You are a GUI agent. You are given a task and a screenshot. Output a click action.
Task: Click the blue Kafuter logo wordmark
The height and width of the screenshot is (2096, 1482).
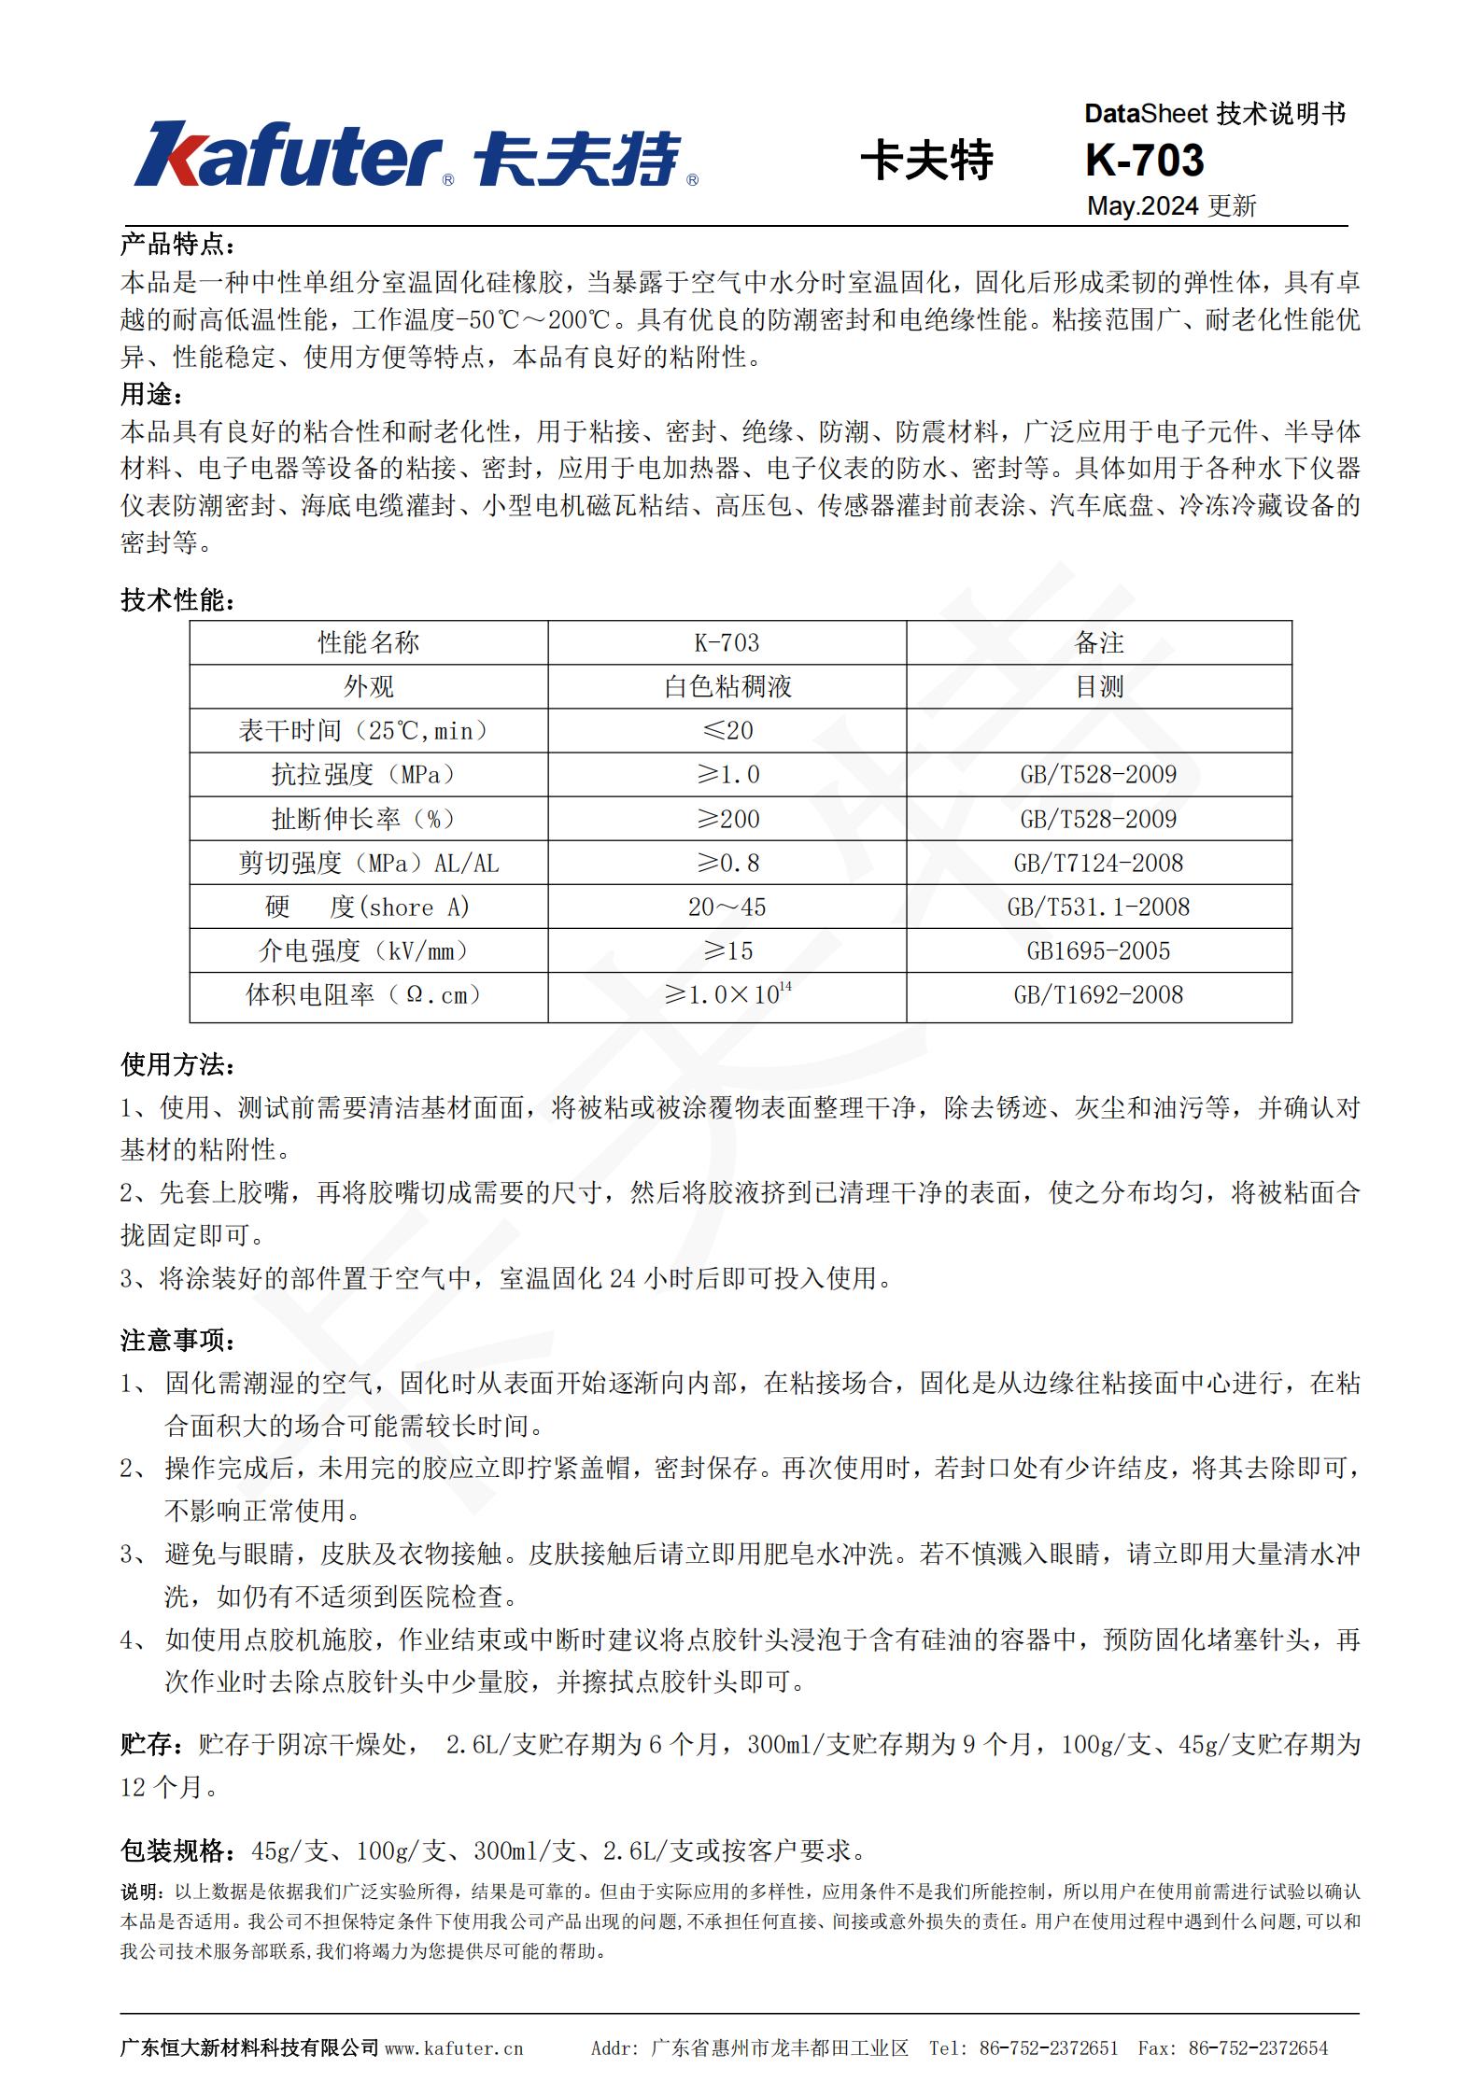(x=289, y=155)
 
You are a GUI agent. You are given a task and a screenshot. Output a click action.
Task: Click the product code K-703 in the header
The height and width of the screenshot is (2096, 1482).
(x=1144, y=161)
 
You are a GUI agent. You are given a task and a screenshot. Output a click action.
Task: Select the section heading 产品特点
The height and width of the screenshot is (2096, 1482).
(x=177, y=245)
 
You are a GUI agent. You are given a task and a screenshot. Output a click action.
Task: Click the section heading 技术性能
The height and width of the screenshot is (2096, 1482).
(x=177, y=600)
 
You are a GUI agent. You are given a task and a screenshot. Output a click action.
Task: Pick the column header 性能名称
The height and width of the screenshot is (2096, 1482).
(x=368, y=642)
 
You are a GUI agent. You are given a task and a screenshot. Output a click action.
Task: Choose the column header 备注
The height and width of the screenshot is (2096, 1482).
(x=1098, y=642)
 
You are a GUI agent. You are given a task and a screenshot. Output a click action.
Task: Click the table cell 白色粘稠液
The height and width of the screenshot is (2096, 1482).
(x=727, y=687)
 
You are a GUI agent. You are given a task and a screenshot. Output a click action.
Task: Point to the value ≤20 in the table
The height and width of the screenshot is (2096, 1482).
(x=727, y=730)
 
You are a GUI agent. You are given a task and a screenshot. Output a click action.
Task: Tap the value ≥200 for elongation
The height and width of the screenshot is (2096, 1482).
(x=727, y=819)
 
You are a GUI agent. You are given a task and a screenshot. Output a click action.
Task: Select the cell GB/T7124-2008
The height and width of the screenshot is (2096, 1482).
(x=1098, y=863)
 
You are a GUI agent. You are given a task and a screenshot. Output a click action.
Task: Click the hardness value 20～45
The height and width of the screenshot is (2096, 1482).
(x=727, y=907)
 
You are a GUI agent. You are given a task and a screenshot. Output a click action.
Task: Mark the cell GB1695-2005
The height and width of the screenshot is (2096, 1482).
(x=1098, y=950)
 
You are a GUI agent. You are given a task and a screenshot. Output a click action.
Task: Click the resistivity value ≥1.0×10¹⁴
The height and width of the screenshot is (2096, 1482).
(x=727, y=994)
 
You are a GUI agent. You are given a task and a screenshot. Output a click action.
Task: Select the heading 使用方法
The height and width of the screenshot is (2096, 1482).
(x=177, y=1064)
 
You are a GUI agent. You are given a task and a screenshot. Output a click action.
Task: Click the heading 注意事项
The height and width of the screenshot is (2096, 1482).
(x=177, y=1341)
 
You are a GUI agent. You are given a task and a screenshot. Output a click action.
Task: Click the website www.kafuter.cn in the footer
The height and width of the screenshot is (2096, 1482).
(x=454, y=2048)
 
